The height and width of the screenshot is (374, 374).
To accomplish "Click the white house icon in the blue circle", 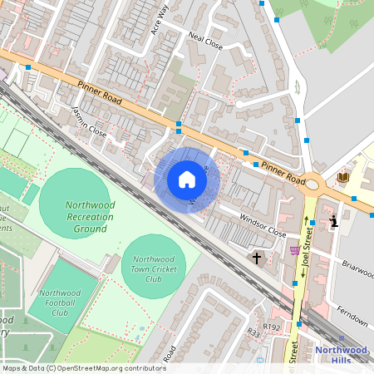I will pyautogui.click(x=187, y=180).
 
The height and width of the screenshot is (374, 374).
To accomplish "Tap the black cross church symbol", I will pyautogui.click(x=256, y=258).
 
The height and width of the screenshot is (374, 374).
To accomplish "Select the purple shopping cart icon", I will pyautogui.click(x=294, y=250).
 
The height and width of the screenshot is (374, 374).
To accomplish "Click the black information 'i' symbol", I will pyautogui.click(x=334, y=221).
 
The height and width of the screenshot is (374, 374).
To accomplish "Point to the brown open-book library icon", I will pyautogui.click(x=343, y=177).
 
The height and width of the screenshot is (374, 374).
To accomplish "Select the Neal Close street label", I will pyautogui.click(x=205, y=42).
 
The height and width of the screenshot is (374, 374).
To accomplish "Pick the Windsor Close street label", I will pyautogui.click(x=263, y=223).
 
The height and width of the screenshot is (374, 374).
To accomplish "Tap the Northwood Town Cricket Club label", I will pyautogui.click(x=153, y=268).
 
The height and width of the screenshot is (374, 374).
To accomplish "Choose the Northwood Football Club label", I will pyautogui.click(x=60, y=303).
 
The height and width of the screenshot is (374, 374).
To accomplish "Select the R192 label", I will pyautogui.click(x=273, y=327).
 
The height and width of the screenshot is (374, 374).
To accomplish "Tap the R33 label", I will pyautogui.click(x=253, y=332).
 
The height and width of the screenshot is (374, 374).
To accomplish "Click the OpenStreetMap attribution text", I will pyautogui.click(x=83, y=368).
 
